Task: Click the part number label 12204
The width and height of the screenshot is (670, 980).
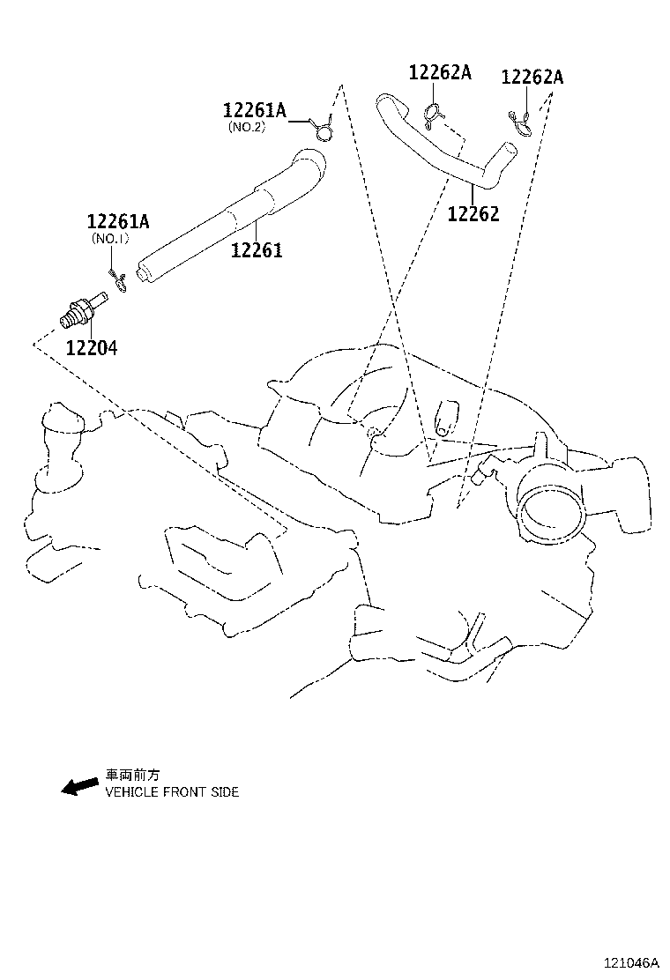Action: coord(91,347)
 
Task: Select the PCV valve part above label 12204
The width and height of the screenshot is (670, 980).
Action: coord(82,310)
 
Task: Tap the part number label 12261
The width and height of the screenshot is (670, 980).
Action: coord(257,250)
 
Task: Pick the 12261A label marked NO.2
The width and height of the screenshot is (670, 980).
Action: coord(254,110)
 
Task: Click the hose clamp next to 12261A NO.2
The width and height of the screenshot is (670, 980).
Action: coord(323,130)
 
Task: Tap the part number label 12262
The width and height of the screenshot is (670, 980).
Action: coord(473,213)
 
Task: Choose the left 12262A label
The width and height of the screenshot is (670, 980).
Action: coord(440,73)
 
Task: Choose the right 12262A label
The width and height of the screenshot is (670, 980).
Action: coord(532,78)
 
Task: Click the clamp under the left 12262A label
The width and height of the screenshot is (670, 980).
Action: coord(434,113)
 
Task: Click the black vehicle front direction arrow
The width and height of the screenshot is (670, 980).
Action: coord(79,785)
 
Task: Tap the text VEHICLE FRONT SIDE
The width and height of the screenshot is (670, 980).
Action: coord(172,792)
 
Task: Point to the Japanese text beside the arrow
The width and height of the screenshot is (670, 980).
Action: coord(133,776)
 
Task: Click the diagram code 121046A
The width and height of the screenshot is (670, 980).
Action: coord(630,963)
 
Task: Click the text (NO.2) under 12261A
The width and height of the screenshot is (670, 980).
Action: coord(246,127)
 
